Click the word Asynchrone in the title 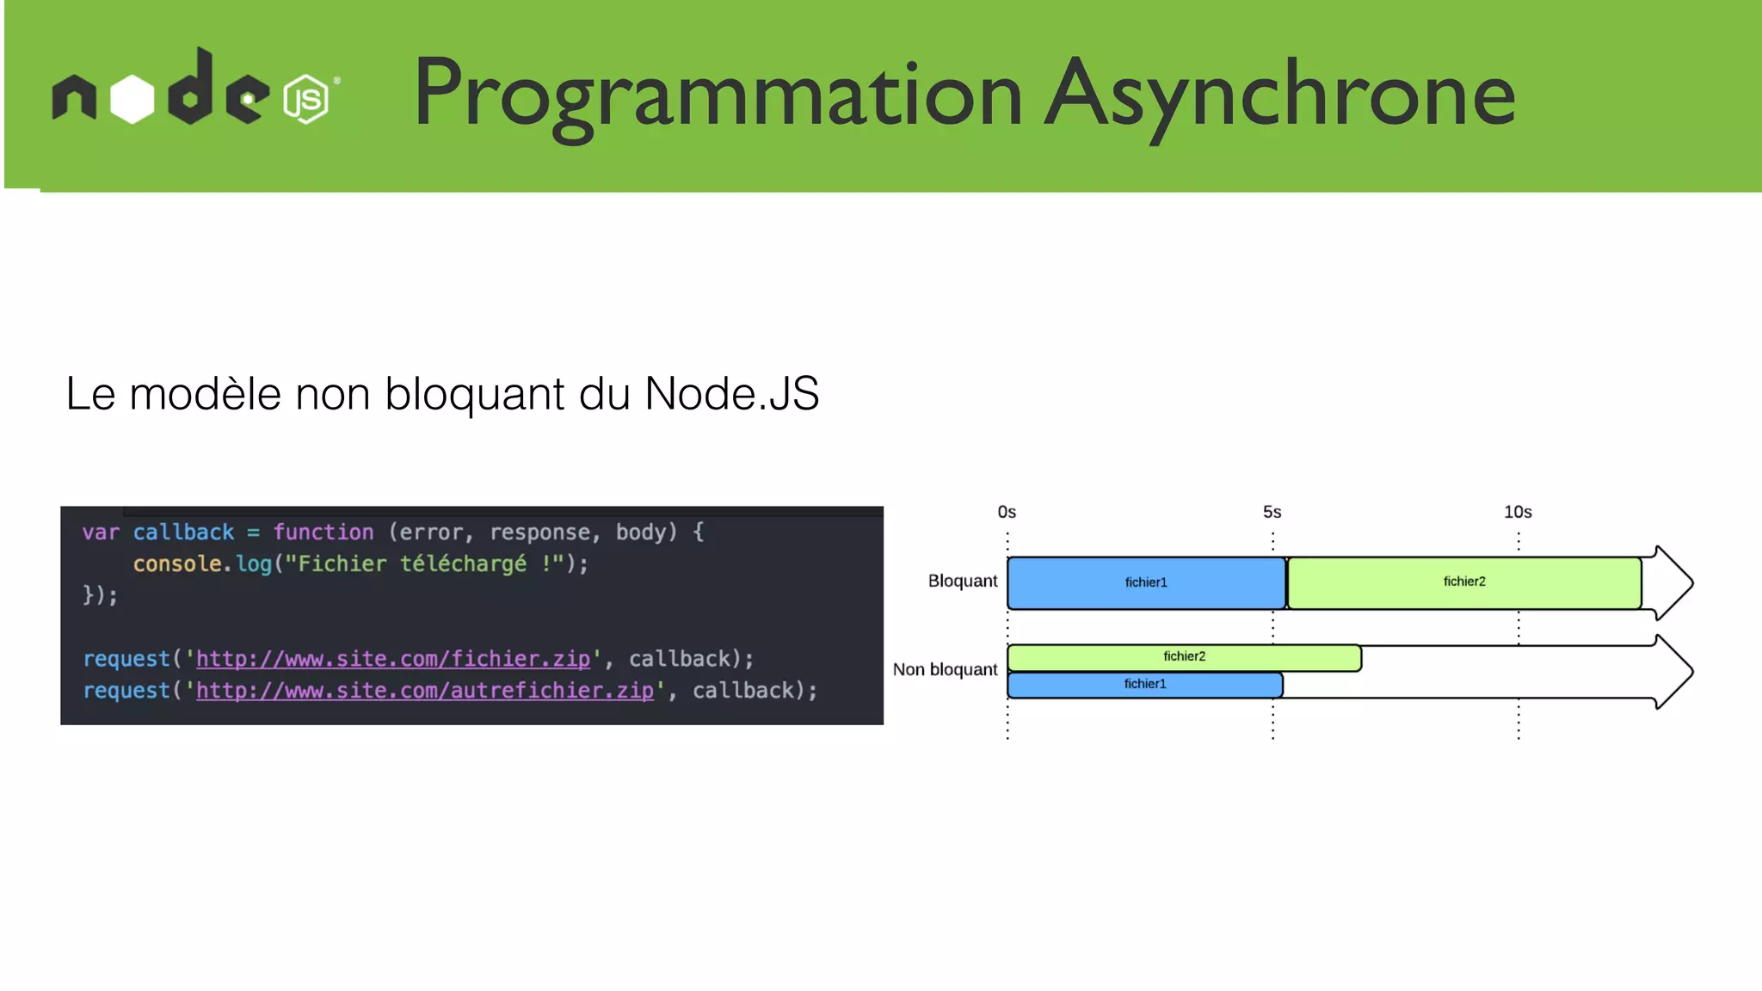coord(1279,93)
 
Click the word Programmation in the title coord(717,93)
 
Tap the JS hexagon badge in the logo coord(305,100)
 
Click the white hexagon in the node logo coord(132,100)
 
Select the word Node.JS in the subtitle coord(731,394)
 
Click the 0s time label coord(1007,512)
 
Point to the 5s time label coord(1272,512)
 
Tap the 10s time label coord(1518,512)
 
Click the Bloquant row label coord(962,581)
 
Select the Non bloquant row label coord(945,669)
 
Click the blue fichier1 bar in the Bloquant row coord(1145,582)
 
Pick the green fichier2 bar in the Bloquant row coord(1463,582)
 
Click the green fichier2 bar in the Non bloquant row coord(1184,657)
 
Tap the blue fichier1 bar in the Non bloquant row coord(1144,685)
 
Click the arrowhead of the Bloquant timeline coord(1673,583)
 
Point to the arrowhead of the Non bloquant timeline coord(1673,671)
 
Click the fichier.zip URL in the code coord(393,659)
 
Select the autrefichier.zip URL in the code coord(425,691)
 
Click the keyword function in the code coord(323,532)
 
